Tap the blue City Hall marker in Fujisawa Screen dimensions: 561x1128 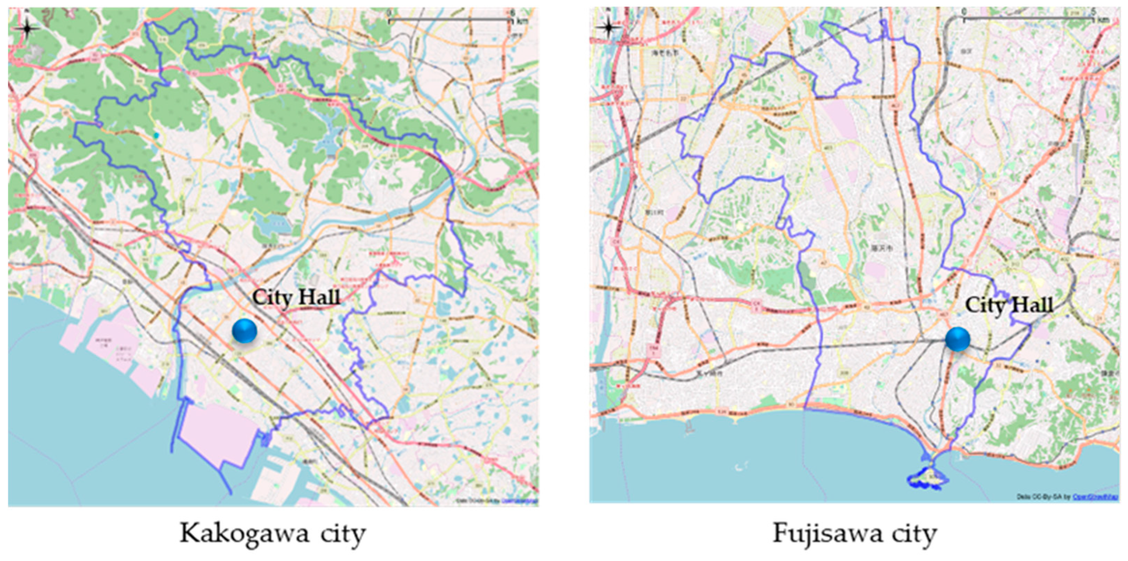[x=957, y=339]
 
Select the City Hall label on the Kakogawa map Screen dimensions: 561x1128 [x=296, y=298]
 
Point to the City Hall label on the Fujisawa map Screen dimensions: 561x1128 [x=1009, y=305]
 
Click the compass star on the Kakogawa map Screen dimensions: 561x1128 [x=27, y=29]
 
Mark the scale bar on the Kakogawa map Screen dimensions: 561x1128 [x=450, y=20]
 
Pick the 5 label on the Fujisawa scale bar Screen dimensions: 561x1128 [x=1093, y=12]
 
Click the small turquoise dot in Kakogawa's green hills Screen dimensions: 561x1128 [x=156, y=136]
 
